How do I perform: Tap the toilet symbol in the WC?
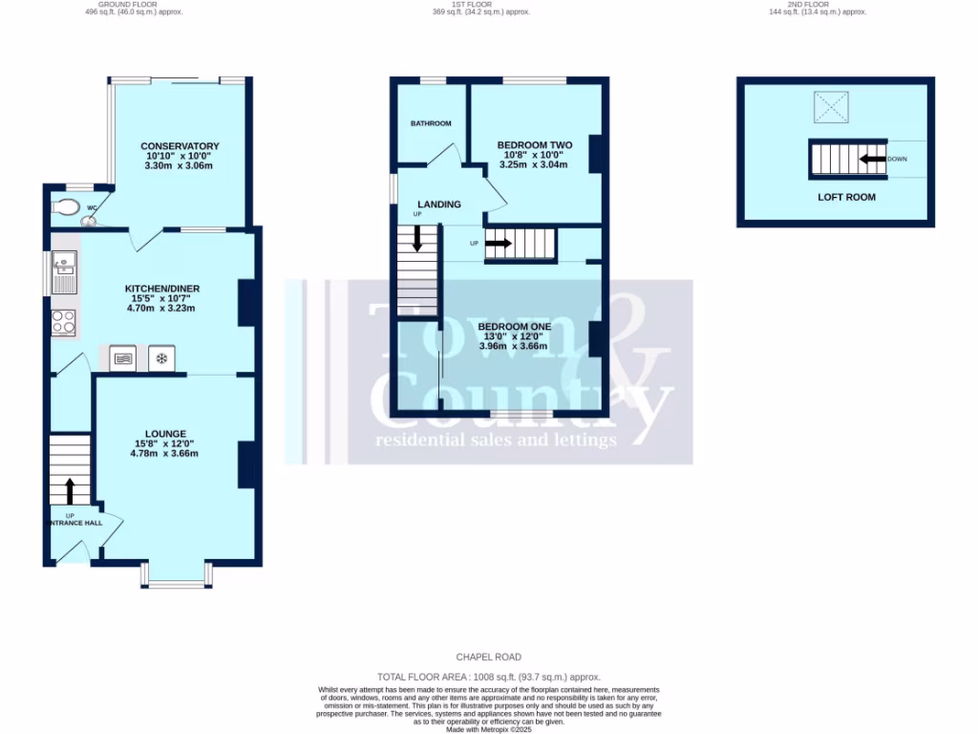(68, 206)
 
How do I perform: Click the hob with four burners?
(64, 322)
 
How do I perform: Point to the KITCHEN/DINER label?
(162, 289)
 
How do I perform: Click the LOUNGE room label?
(165, 434)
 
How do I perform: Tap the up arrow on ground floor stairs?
(69, 491)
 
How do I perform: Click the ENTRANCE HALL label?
(71, 524)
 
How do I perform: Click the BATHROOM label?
(431, 123)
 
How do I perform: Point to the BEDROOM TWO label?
(535, 145)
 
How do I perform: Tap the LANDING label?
(438, 205)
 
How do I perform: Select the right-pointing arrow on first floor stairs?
(500, 244)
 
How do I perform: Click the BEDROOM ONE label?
(515, 327)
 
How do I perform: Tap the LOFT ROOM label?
(846, 197)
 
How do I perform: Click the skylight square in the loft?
(829, 108)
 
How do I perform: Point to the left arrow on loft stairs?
(871, 159)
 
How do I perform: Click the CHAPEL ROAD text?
(488, 658)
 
